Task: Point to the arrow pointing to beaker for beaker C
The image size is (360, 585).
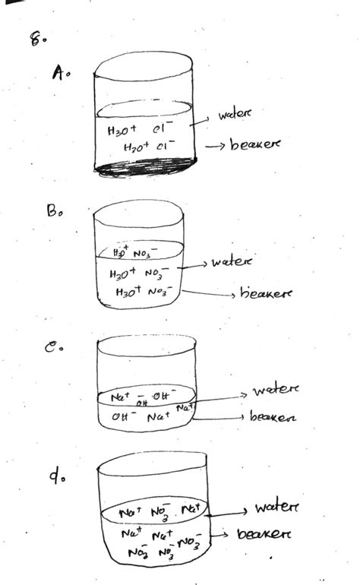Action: click(220, 416)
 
